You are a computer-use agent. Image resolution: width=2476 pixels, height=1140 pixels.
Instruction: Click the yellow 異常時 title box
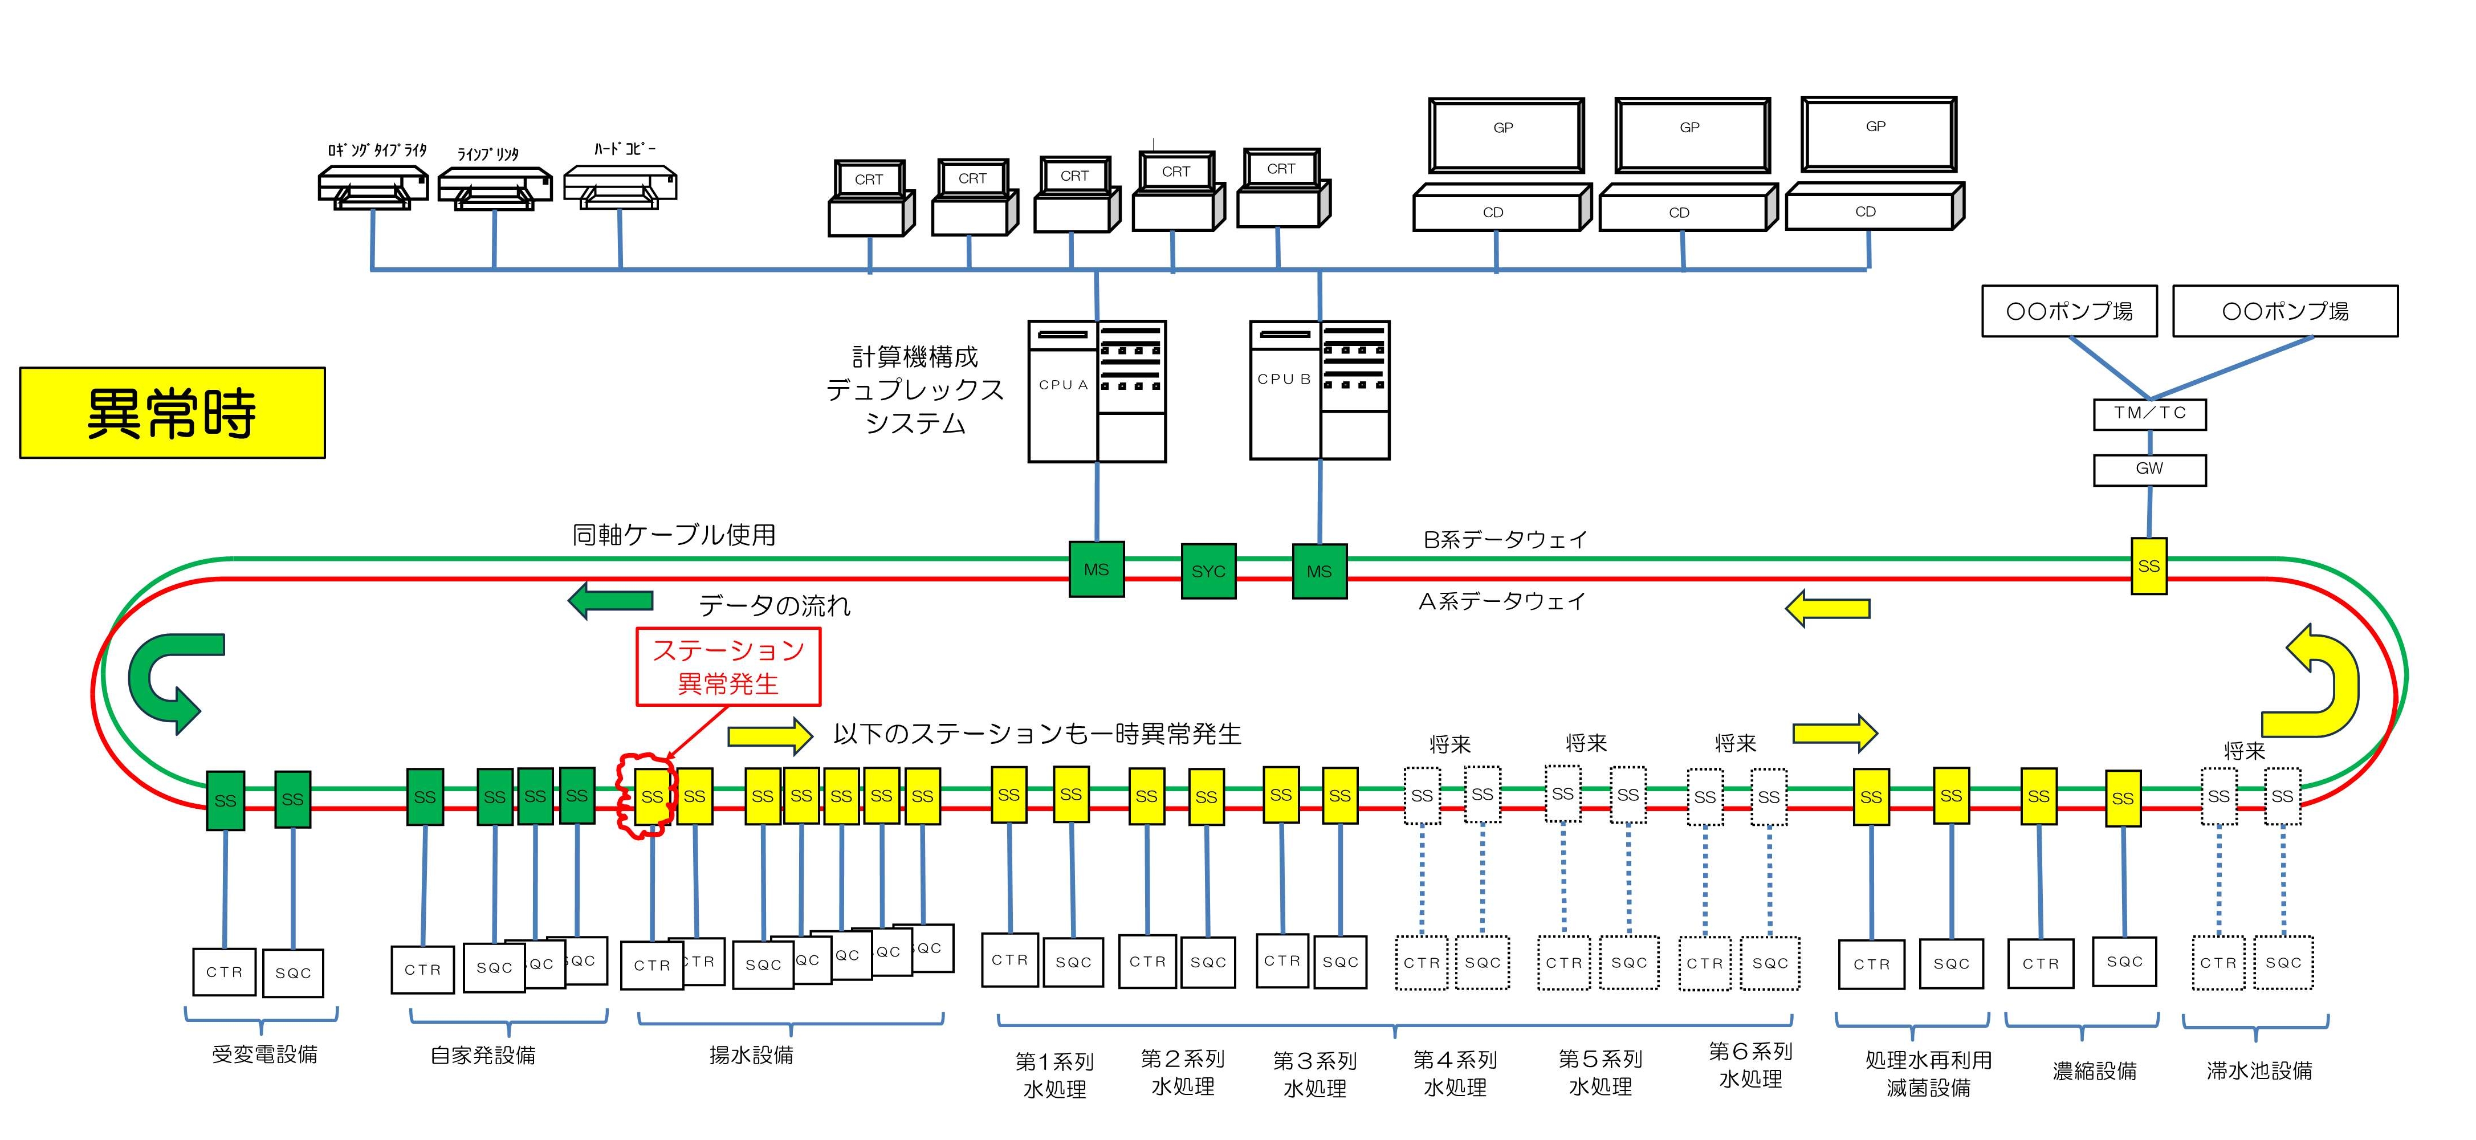coord(172,412)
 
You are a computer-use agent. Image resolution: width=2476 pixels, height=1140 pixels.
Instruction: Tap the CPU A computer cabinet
coord(1097,391)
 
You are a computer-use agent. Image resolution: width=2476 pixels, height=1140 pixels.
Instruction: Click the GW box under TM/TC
coord(2149,469)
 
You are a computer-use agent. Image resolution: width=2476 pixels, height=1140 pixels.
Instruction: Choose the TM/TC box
coord(2149,413)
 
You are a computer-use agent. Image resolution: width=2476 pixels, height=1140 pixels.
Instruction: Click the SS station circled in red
coord(651,796)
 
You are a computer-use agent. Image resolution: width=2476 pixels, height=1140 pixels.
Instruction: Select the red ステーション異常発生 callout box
coord(728,667)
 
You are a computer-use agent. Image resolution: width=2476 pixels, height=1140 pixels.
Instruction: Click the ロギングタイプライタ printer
coord(373,185)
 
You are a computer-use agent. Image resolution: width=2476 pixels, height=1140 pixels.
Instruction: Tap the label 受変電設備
coord(264,1054)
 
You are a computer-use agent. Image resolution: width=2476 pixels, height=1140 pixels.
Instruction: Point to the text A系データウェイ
coord(1501,602)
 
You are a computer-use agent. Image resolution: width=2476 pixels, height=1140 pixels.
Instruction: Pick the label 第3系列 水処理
coord(1315,1074)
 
